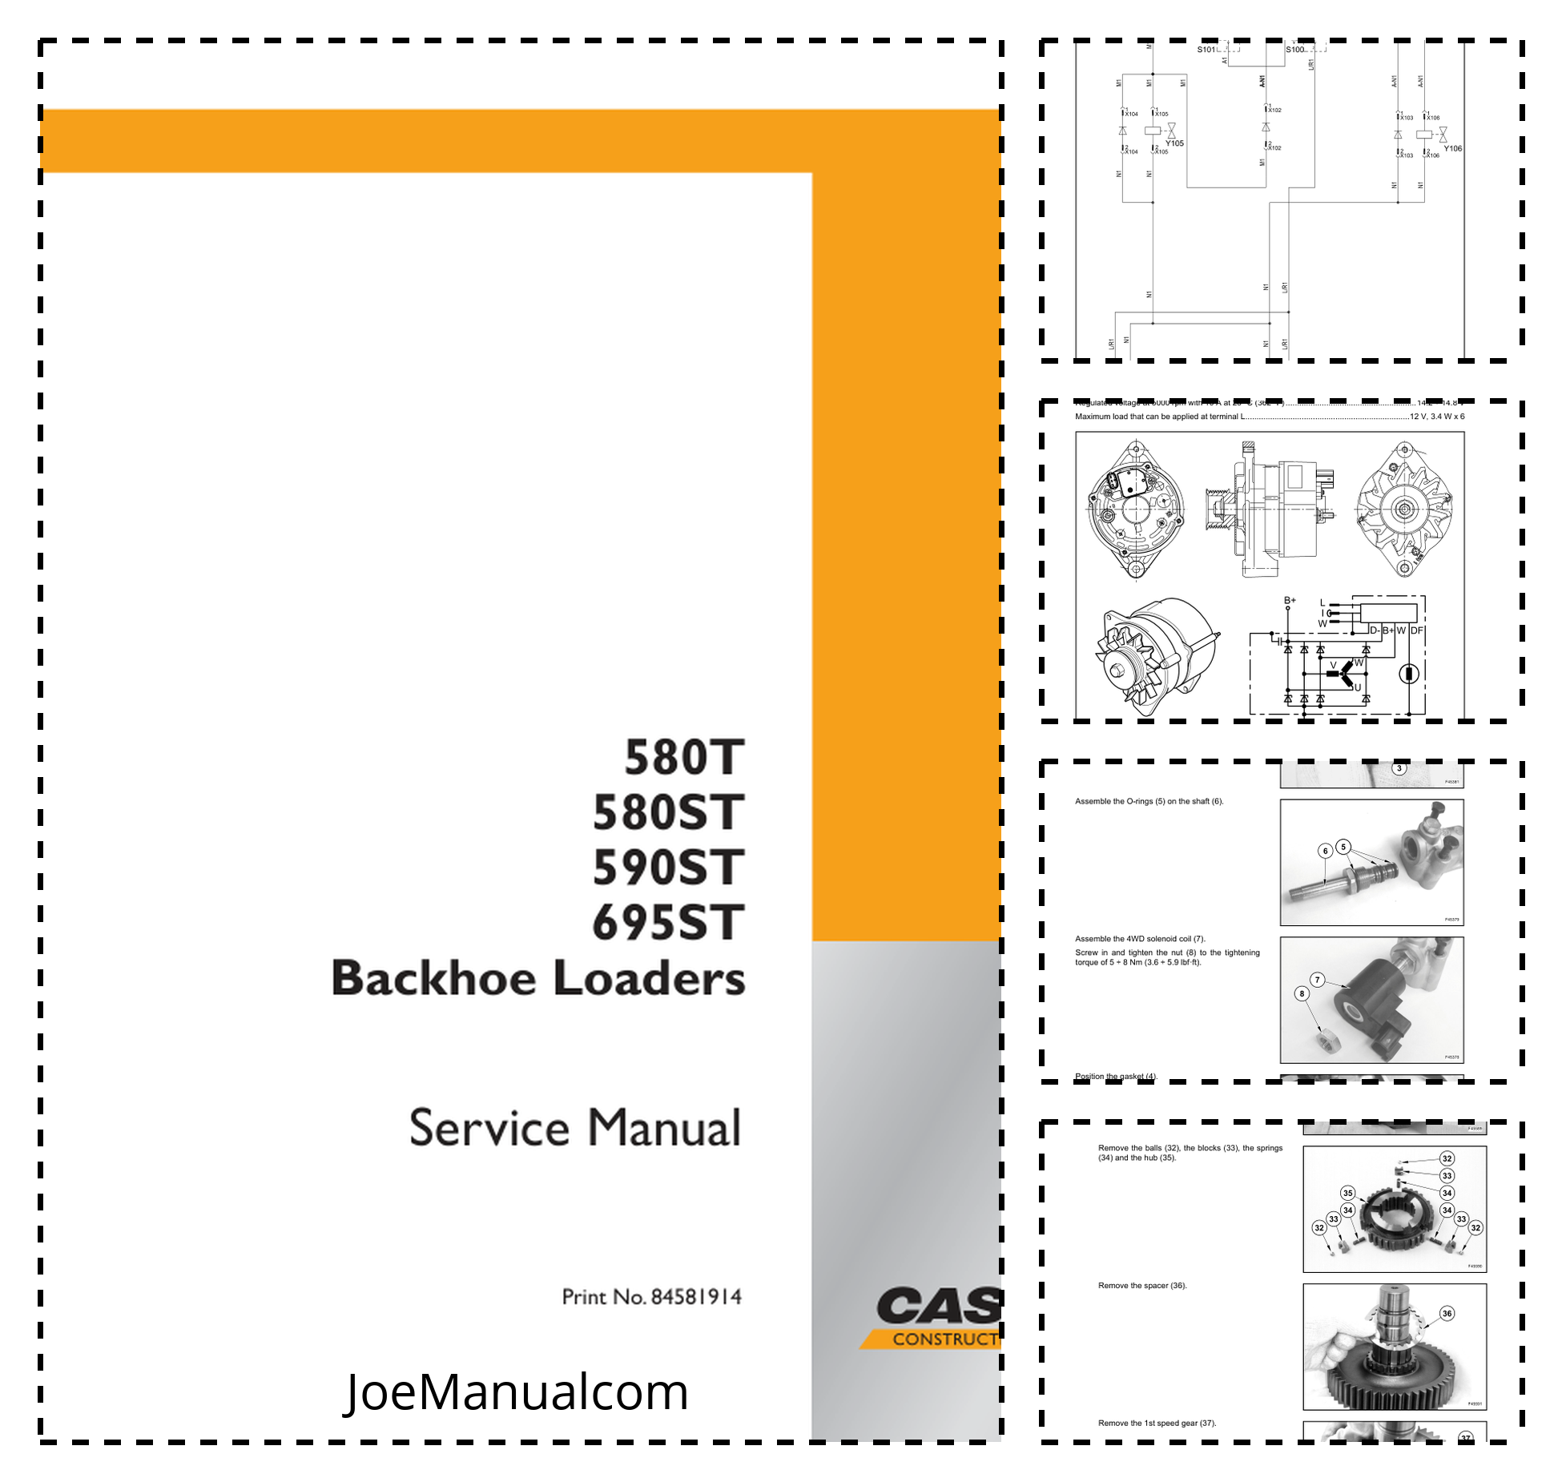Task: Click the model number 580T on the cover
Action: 684,758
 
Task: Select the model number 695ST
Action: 668,923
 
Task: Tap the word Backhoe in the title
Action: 433,979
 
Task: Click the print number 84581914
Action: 696,1297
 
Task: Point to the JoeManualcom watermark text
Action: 517,1392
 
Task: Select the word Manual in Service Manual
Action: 664,1128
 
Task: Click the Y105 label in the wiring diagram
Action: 1174,143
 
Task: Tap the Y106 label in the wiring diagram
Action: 1452,148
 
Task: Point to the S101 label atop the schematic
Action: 1206,50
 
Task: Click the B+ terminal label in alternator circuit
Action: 1290,600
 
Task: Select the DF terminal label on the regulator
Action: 1416,630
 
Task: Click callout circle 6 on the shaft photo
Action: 1326,851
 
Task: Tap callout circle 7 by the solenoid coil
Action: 1317,980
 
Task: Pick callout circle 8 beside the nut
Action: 1302,993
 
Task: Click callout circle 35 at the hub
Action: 1348,1193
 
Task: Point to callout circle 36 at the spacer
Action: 1447,1313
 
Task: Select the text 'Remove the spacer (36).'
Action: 1142,1286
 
